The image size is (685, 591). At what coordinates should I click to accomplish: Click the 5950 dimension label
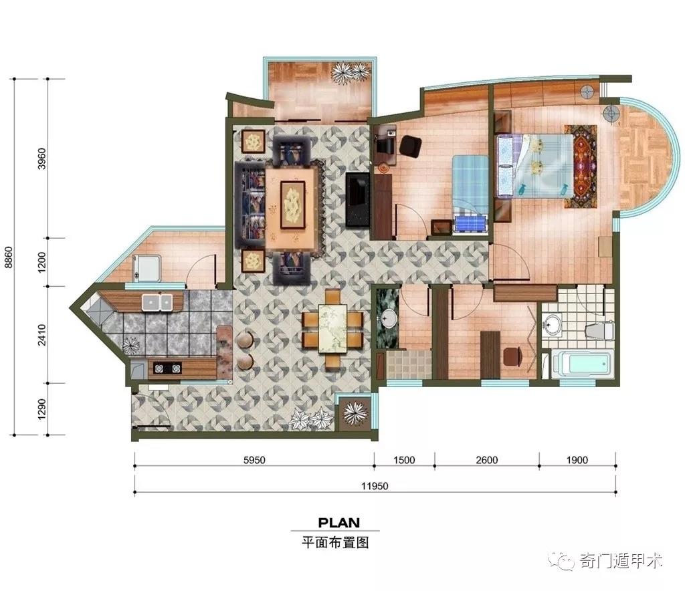(x=254, y=460)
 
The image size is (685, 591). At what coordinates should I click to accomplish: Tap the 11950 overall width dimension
(x=375, y=486)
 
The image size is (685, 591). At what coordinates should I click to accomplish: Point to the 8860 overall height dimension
(x=8, y=257)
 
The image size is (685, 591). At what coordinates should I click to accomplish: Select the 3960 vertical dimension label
(x=42, y=159)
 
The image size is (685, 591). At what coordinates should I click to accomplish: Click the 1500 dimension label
(x=404, y=460)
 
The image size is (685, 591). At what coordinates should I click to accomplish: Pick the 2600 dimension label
(x=487, y=460)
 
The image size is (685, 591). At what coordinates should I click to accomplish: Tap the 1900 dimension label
(x=577, y=460)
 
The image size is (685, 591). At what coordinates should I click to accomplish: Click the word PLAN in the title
(x=339, y=522)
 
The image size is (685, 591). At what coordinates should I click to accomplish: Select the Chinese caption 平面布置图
(x=336, y=543)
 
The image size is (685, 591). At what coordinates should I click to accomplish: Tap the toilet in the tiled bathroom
(x=599, y=330)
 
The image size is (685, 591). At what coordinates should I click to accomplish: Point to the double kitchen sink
(x=157, y=302)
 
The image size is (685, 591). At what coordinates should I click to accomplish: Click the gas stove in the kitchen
(x=167, y=368)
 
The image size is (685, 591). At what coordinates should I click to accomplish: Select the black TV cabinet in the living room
(x=357, y=199)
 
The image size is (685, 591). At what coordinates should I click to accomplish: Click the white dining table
(x=332, y=328)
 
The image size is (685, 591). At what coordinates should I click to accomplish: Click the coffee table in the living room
(x=292, y=207)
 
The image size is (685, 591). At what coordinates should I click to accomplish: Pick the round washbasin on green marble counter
(x=389, y=318)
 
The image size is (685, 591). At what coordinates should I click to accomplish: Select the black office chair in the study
(x=411, y=146)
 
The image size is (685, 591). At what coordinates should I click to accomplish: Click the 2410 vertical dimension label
(x=42, y=335)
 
